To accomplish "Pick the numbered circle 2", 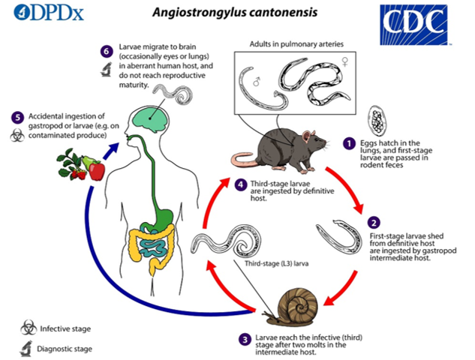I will [373, 222].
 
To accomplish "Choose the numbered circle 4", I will [240, 184].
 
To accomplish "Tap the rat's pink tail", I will [244, 160].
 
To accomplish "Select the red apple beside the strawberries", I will [97, 170].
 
